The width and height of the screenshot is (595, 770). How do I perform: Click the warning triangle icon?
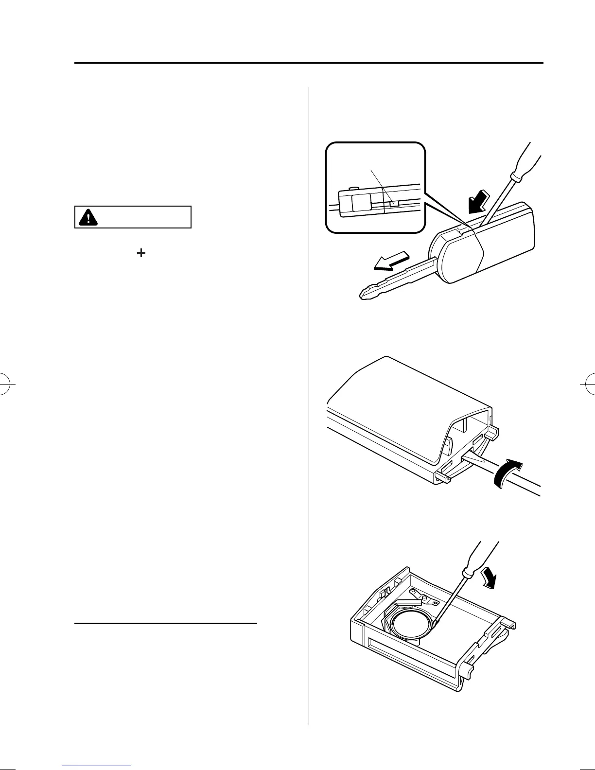point(87,217)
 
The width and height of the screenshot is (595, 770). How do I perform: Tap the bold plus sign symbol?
point(141,253)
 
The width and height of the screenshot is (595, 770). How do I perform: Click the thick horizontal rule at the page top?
point(309,63)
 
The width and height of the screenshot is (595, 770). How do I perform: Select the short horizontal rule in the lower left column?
point(165,623)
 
